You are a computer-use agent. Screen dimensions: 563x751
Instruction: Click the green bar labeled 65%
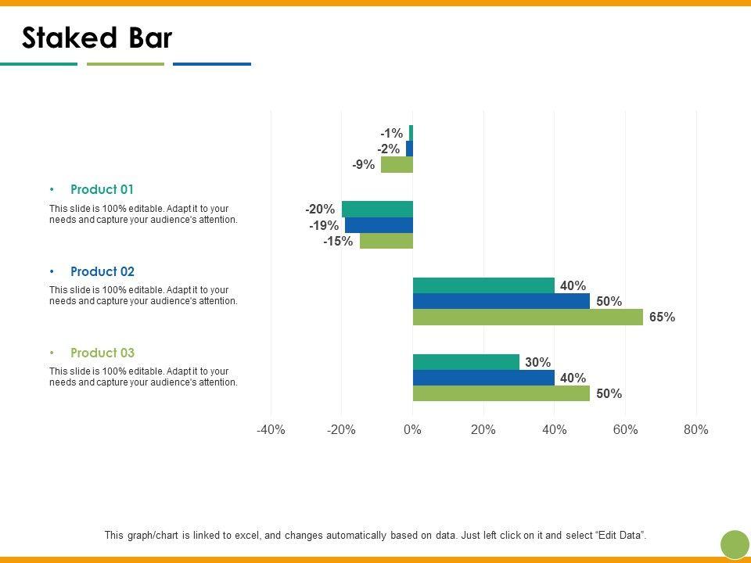coord(528,317)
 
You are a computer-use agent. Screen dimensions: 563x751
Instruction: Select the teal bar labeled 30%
coord(466,362)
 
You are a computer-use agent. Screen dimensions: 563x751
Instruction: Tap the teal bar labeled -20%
coord(377,209)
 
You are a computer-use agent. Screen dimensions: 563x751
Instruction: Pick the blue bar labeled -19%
coord(379,225)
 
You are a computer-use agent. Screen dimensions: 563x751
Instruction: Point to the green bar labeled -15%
coord(386,241)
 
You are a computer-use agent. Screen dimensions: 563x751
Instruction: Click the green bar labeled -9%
coord(397,164)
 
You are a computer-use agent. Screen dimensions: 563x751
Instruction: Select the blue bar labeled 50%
coord(501,301)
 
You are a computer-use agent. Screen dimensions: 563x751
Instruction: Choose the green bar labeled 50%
coord(501,393)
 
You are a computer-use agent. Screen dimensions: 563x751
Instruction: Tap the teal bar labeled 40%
coord(483,285)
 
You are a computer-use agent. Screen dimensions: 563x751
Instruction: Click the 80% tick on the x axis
coord(695,429)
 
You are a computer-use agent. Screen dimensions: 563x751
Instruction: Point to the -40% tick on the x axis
coord(271,429)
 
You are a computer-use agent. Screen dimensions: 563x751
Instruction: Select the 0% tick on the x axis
coord(412,429)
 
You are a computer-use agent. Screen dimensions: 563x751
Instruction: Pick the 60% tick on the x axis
coord(625,429)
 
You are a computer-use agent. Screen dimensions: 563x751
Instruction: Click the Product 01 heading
coord(102,189)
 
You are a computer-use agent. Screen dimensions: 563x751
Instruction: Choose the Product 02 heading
coord(102,271)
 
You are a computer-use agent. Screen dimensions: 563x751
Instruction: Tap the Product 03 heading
coord(102,353)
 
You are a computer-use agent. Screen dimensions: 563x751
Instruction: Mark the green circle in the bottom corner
coord(735,544)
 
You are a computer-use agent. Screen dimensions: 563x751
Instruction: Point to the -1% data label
coord(392,134)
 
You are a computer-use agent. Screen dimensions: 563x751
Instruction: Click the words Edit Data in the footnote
coord(621,536)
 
